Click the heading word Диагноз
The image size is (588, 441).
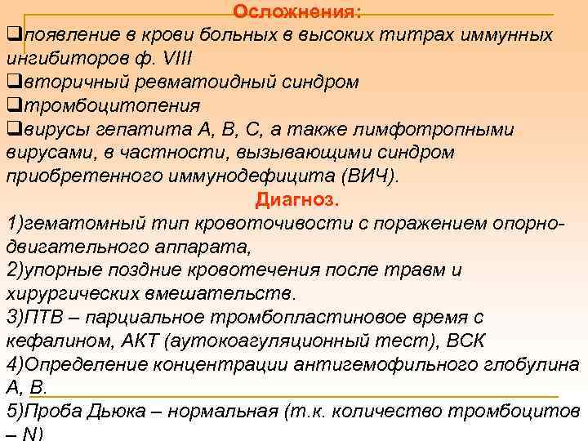pyautogui.click(x=296, y=200)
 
